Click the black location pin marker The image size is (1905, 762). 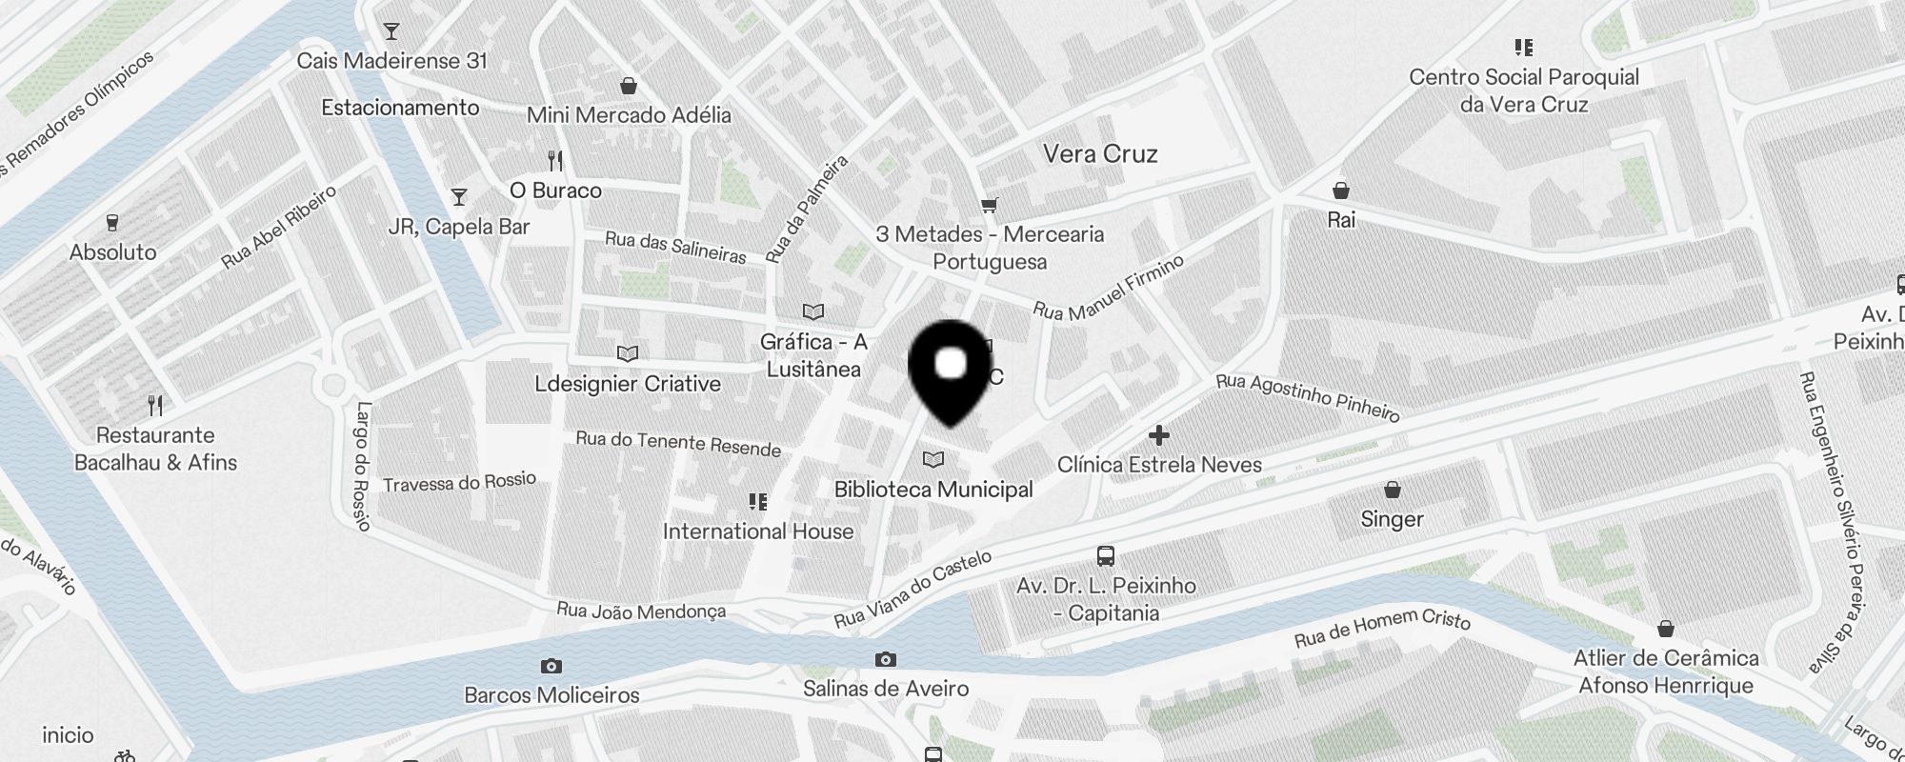tap(951, 371)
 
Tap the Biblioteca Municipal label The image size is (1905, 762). tap(933, 490)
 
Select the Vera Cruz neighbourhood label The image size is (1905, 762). tap(1100, 154)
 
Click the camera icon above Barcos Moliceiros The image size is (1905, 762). tap(551, 666)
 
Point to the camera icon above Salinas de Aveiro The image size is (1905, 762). tap(886, 659)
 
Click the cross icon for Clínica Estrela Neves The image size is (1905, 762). tap(1158, 436)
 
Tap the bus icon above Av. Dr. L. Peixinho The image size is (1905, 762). tap(1106, 555)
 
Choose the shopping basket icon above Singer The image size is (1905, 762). tap(1393, 490)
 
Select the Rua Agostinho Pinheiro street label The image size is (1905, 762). tap(1308, 397)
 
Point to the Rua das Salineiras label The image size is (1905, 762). tap(675, 247)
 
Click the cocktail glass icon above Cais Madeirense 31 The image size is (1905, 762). tap(391, 31)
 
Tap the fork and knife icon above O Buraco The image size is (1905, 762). tap(556, 160)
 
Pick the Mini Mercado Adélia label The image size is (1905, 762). tap(629, 115)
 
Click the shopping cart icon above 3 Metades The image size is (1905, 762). tap(990, 205)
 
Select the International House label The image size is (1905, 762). tap(758, 531)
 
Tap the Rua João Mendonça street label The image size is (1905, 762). tap(641, 611)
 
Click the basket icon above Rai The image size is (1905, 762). tap(1341, 190)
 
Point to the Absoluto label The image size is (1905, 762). tap(112, 252)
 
